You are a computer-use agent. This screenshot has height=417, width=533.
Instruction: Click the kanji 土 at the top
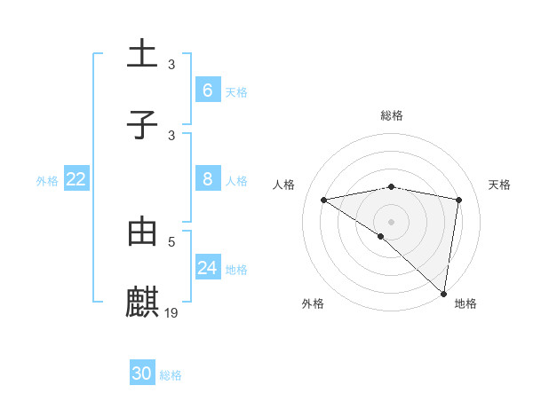pos(142,54)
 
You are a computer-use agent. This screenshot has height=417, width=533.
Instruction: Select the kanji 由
pos(142,232)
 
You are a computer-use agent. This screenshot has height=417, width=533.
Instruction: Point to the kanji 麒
pos(142,303)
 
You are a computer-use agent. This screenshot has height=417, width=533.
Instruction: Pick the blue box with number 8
pos(208,179)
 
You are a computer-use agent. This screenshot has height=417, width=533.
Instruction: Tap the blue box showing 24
pos(208,268)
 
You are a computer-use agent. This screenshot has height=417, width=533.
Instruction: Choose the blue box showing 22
pos(76,179)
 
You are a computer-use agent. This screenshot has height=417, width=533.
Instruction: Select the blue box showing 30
pos(142,374)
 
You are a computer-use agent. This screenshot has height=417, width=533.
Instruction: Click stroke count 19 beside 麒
pos(172,312)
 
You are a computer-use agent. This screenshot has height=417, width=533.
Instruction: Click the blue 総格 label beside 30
pos(171,375)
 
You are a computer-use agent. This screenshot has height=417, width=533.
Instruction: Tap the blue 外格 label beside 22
pos(47,181)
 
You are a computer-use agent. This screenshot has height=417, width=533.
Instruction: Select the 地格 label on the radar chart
pos(465,304)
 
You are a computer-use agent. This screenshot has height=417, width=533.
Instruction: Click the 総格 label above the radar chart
pos(392,116)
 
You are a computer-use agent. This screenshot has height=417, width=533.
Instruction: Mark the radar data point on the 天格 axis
pos(459,200)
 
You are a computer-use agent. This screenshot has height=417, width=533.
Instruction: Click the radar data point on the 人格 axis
pos(323,200)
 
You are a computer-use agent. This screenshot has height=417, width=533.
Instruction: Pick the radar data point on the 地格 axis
pos(444,293)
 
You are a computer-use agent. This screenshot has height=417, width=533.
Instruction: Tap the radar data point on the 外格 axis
pos(381,236)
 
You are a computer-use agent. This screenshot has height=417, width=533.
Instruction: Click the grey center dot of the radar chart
pos(392,221)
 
